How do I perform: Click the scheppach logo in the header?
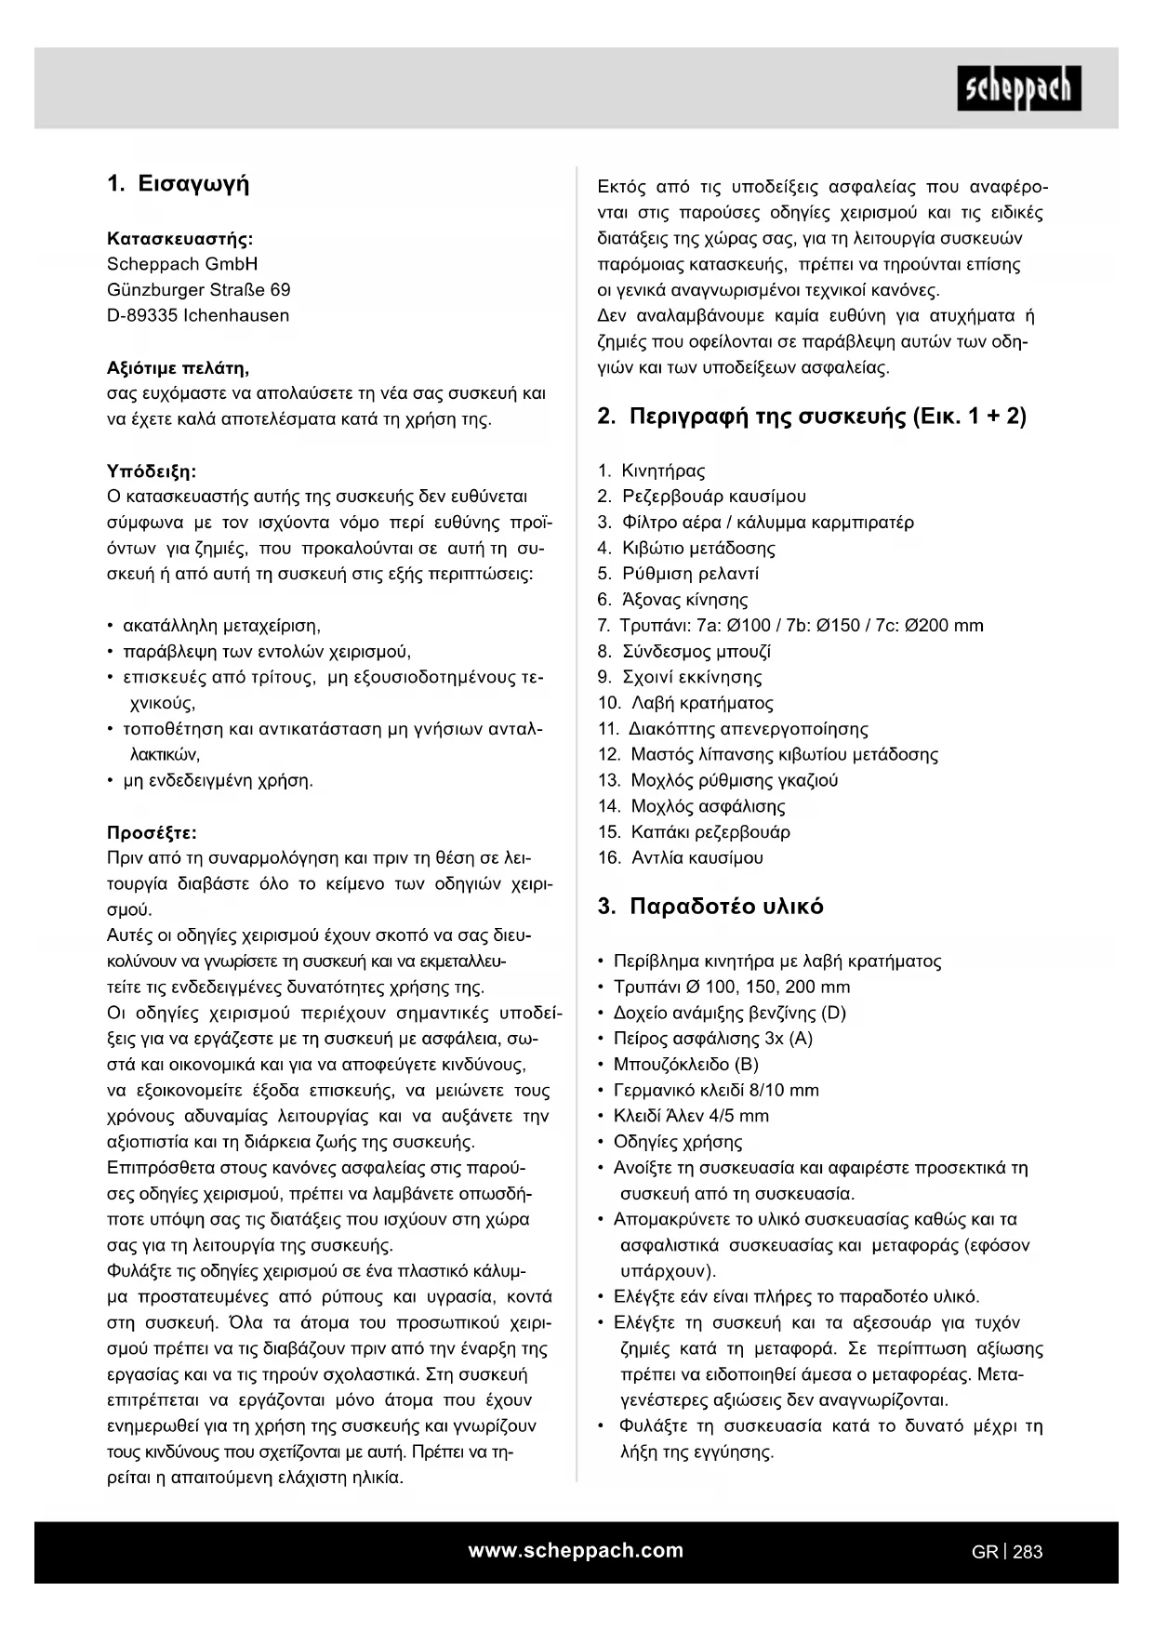pyautogui.click(x=1018, y=88)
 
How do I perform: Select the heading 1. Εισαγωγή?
pyautogui.click(x=179, y=183)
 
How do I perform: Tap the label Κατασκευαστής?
pyautogui.click(x=180, y=238)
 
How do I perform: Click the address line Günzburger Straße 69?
pyautogui.click(x=198, y=289)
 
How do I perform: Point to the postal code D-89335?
pyautogui.click(x=142, y=315)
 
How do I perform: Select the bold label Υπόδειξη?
pyautogui.click(x=152, y=471)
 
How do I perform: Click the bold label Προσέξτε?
pyautogui.click(x=152, y=832)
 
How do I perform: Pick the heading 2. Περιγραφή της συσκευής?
pyautogui.click(x=811, y=416)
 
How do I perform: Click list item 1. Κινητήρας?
pyautogui.click(x=651, y=471)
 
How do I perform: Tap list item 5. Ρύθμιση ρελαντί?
pyautogui.click(x=678, y=574)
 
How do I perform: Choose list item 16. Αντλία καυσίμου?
pyautogui.click(x=680, y=857)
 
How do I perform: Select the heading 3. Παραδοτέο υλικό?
pyautogui.click(x=710, y=907)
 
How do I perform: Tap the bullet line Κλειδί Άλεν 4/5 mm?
pyautogui.click(x=691, y=1116)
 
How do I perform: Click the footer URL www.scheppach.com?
pyautogui.click(x=576, y=1550)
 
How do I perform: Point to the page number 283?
pyautogui.click(x=1028, y=1551)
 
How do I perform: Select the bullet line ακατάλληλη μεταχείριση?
pyautogui.click(x=221, y=626)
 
